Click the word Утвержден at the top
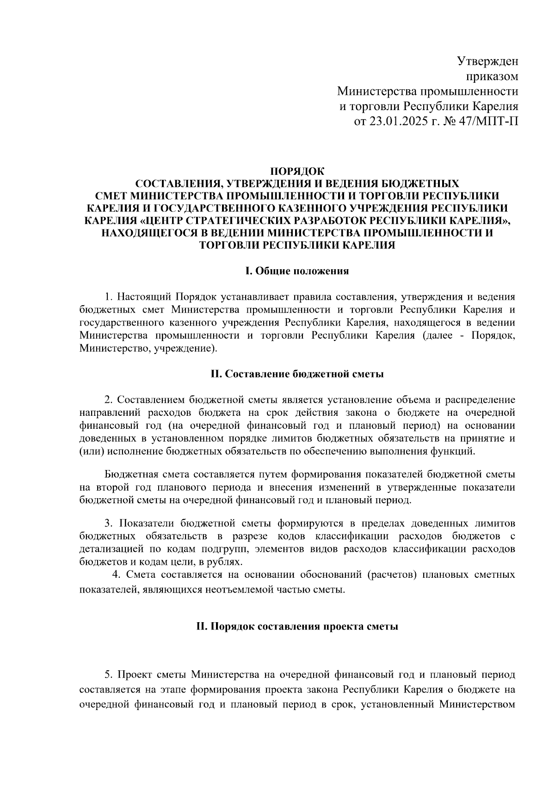487,61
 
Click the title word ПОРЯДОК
297,171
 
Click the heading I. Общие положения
297,271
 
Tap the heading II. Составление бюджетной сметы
297,374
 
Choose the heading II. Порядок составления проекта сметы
297,627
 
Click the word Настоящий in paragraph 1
142,297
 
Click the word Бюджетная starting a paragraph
132,475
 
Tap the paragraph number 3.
108,524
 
